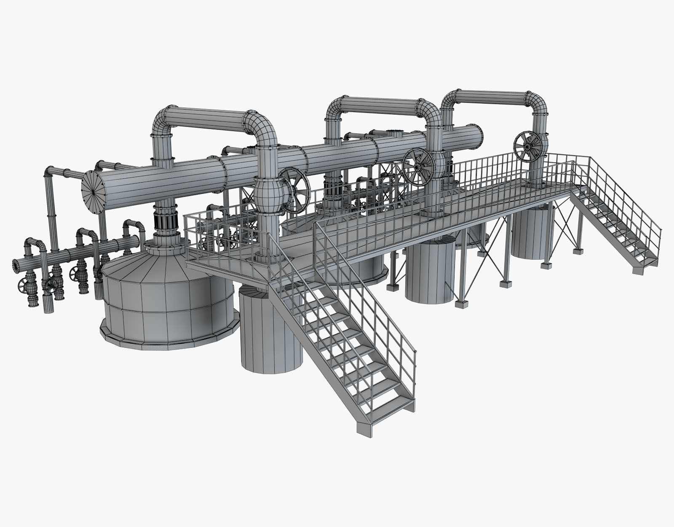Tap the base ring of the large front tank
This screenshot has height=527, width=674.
click(168, 342)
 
